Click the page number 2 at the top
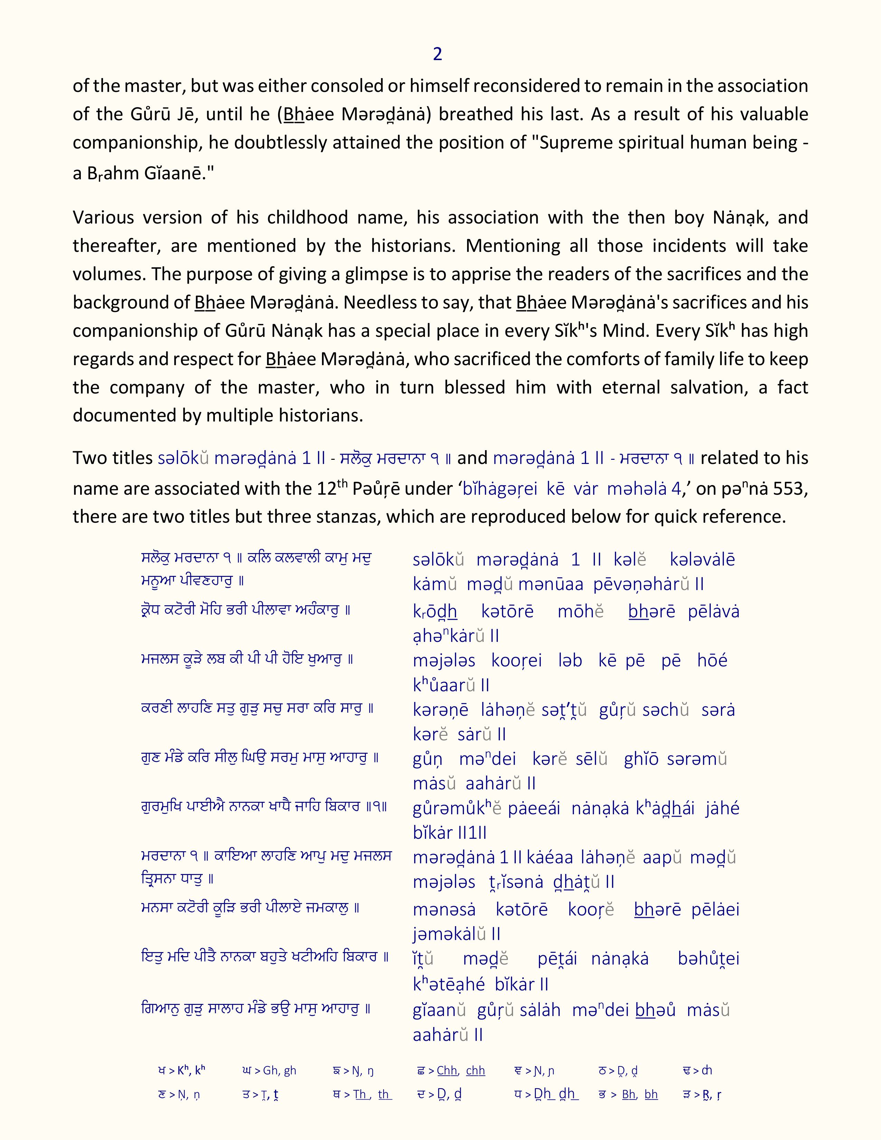(x=437, y=54)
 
